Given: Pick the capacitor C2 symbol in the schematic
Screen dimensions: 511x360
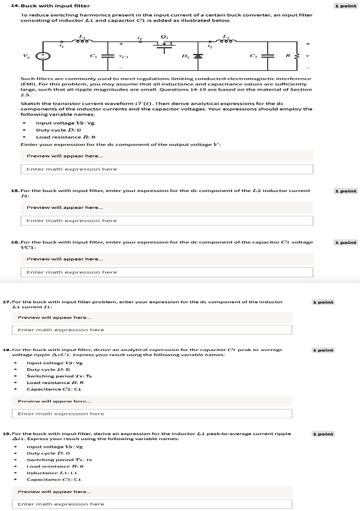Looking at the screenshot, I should click(268, 56).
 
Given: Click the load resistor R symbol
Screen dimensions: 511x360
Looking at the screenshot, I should click(296, 56).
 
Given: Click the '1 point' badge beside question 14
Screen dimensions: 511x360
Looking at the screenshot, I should click(344, 6).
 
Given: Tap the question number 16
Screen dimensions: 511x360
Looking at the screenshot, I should click(15, 242).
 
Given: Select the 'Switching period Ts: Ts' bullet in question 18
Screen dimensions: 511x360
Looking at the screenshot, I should click(59, 376).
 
